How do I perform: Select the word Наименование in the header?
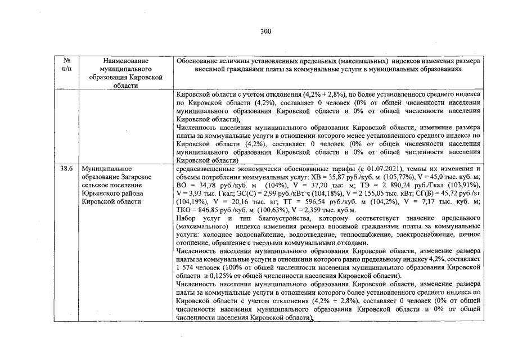click(122, 60)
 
